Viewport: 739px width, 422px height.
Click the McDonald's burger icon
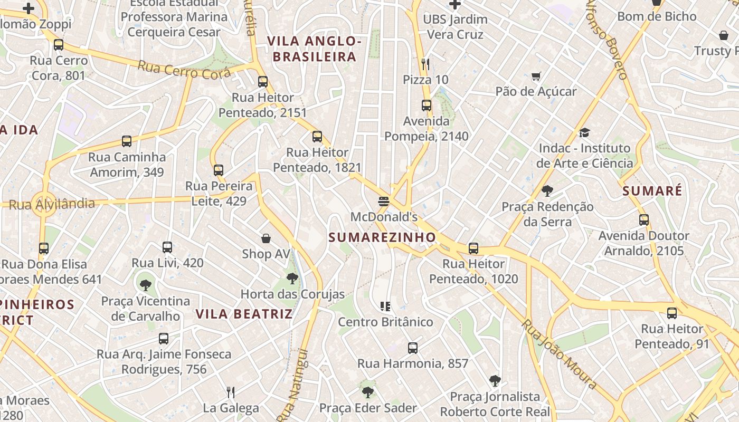point(384,201)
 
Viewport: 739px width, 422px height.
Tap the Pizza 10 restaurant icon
point(425,64)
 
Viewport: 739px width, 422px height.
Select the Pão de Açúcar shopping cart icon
point(536,76)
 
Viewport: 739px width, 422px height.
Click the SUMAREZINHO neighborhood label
point(382,237)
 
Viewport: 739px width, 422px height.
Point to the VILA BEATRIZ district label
point(244,314)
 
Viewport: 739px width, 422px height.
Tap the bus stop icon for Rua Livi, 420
point(167,247)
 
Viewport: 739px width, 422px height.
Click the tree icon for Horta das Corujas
point(292,279)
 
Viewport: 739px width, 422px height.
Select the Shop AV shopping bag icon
point(266,238)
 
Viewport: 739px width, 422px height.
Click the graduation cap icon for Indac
point(584,132)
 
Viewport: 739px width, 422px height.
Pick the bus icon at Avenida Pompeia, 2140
point(427,105)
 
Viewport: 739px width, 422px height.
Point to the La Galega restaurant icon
point(231,392)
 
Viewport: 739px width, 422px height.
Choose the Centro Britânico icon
point(385,306)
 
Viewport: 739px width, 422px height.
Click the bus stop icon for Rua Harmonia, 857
point(413,348)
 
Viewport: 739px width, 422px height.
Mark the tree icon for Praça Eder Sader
point(368,392)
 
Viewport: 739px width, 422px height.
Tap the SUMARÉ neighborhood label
point(652,191)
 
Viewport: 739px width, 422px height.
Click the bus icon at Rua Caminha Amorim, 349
point(127,141)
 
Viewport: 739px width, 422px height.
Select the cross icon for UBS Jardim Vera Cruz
point(454,4)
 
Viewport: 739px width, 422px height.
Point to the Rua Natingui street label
point(292,385)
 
